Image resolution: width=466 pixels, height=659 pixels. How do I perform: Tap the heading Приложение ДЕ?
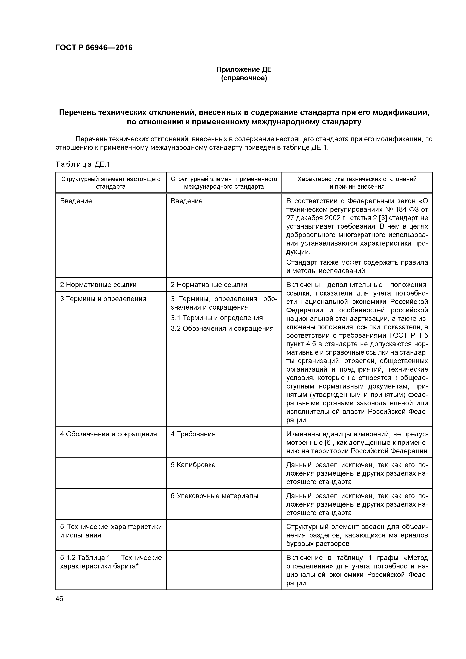[x=244, y=70]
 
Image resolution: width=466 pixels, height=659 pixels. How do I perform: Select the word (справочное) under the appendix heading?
[x=244, y=78]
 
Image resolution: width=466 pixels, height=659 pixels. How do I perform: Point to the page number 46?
[x=59, y=599]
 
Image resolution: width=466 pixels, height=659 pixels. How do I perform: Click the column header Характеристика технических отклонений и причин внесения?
[x=357, y=183]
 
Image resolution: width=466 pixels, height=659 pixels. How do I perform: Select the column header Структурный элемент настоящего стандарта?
[x=111, y=183]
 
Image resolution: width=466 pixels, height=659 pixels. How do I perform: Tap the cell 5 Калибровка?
[x=193, y=465]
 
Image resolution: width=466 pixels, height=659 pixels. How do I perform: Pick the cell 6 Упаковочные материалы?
[x=214, y=496]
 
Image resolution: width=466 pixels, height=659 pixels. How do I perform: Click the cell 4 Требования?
[x=193, y=434]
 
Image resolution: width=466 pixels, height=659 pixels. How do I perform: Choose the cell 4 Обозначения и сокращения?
[x=109, y=434]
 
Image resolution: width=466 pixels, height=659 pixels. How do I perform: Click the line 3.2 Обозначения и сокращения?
[x=222, y=328]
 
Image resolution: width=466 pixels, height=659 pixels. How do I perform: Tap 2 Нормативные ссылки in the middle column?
[x=209, y=285]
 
